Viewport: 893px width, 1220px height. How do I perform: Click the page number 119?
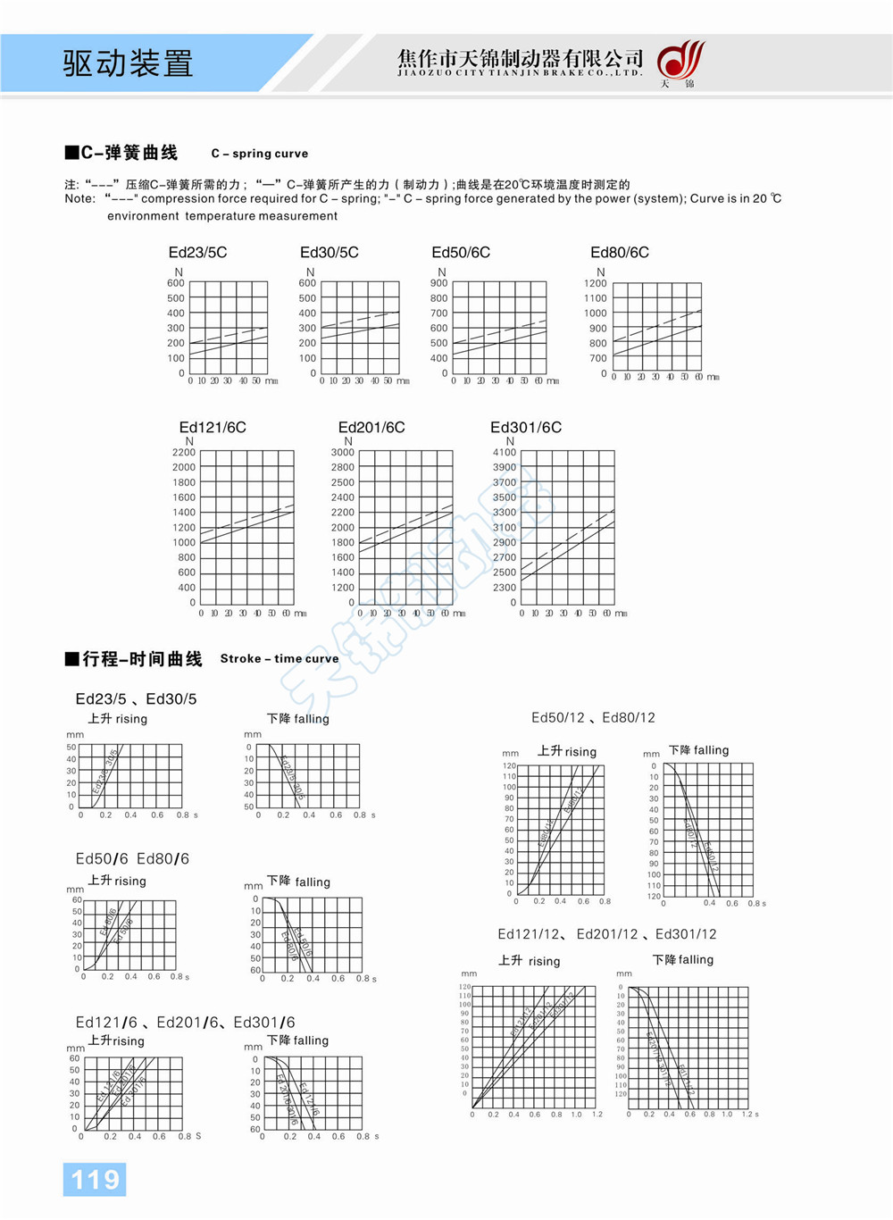(x=95, y=1180)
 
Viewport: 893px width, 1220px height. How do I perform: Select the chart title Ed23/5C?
(x=197, y=253)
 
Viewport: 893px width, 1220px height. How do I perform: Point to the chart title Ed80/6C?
(x=620, y=253)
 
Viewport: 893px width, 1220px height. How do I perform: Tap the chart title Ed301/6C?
(x=526, y=428)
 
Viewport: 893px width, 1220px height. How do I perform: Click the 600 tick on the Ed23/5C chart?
(x=176, y=283)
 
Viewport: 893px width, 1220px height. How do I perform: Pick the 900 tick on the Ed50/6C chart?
(x=439, y=283)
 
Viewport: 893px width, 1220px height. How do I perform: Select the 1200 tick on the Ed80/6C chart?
(x=596, y=283)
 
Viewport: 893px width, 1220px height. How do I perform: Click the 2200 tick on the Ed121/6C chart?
(x=184, y=453)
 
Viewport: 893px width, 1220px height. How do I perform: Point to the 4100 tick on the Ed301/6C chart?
(x=505, y=453)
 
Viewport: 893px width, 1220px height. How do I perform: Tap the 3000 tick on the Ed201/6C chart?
(x=343, y=453)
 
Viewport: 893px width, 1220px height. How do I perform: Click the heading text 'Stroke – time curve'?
(x=280, y=659)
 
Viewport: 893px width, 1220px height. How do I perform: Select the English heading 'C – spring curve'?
(x=260, y=154)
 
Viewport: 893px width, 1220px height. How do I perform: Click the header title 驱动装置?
(x=128, y=63)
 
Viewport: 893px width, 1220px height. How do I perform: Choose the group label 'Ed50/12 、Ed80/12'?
(x=593, y=718)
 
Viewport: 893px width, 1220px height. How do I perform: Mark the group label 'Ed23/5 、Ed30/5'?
(x=136, y=699)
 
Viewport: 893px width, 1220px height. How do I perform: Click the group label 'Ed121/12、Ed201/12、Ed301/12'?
(x=607, y=934)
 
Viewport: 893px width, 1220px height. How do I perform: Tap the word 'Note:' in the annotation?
(x=80, y=199)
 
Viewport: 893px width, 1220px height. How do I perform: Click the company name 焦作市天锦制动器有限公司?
(x=521, y=58)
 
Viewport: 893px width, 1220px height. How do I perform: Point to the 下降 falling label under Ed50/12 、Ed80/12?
(x=699, y=750)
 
